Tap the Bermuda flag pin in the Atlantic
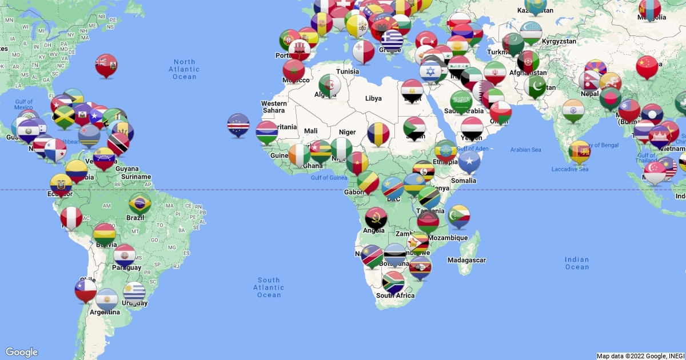[x=106, y=65]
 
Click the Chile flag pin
[x=86, y=289]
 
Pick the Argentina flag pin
[x=107, y=299]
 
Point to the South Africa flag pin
[x=393, y=282]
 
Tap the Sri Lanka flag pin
[x=580, y=151]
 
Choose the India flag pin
[x=573, y=110]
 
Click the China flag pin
[x=647, y=66]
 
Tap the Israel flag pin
[x=430, y=72]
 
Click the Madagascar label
[x=466, y=260]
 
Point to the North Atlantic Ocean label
[x=185, y=69]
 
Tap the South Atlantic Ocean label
[x=269, y=287]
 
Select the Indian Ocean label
[x=577, y=263]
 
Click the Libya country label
[x=373, y=98]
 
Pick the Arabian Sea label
[x=525, y=150]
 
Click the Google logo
[x=22, y=352]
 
